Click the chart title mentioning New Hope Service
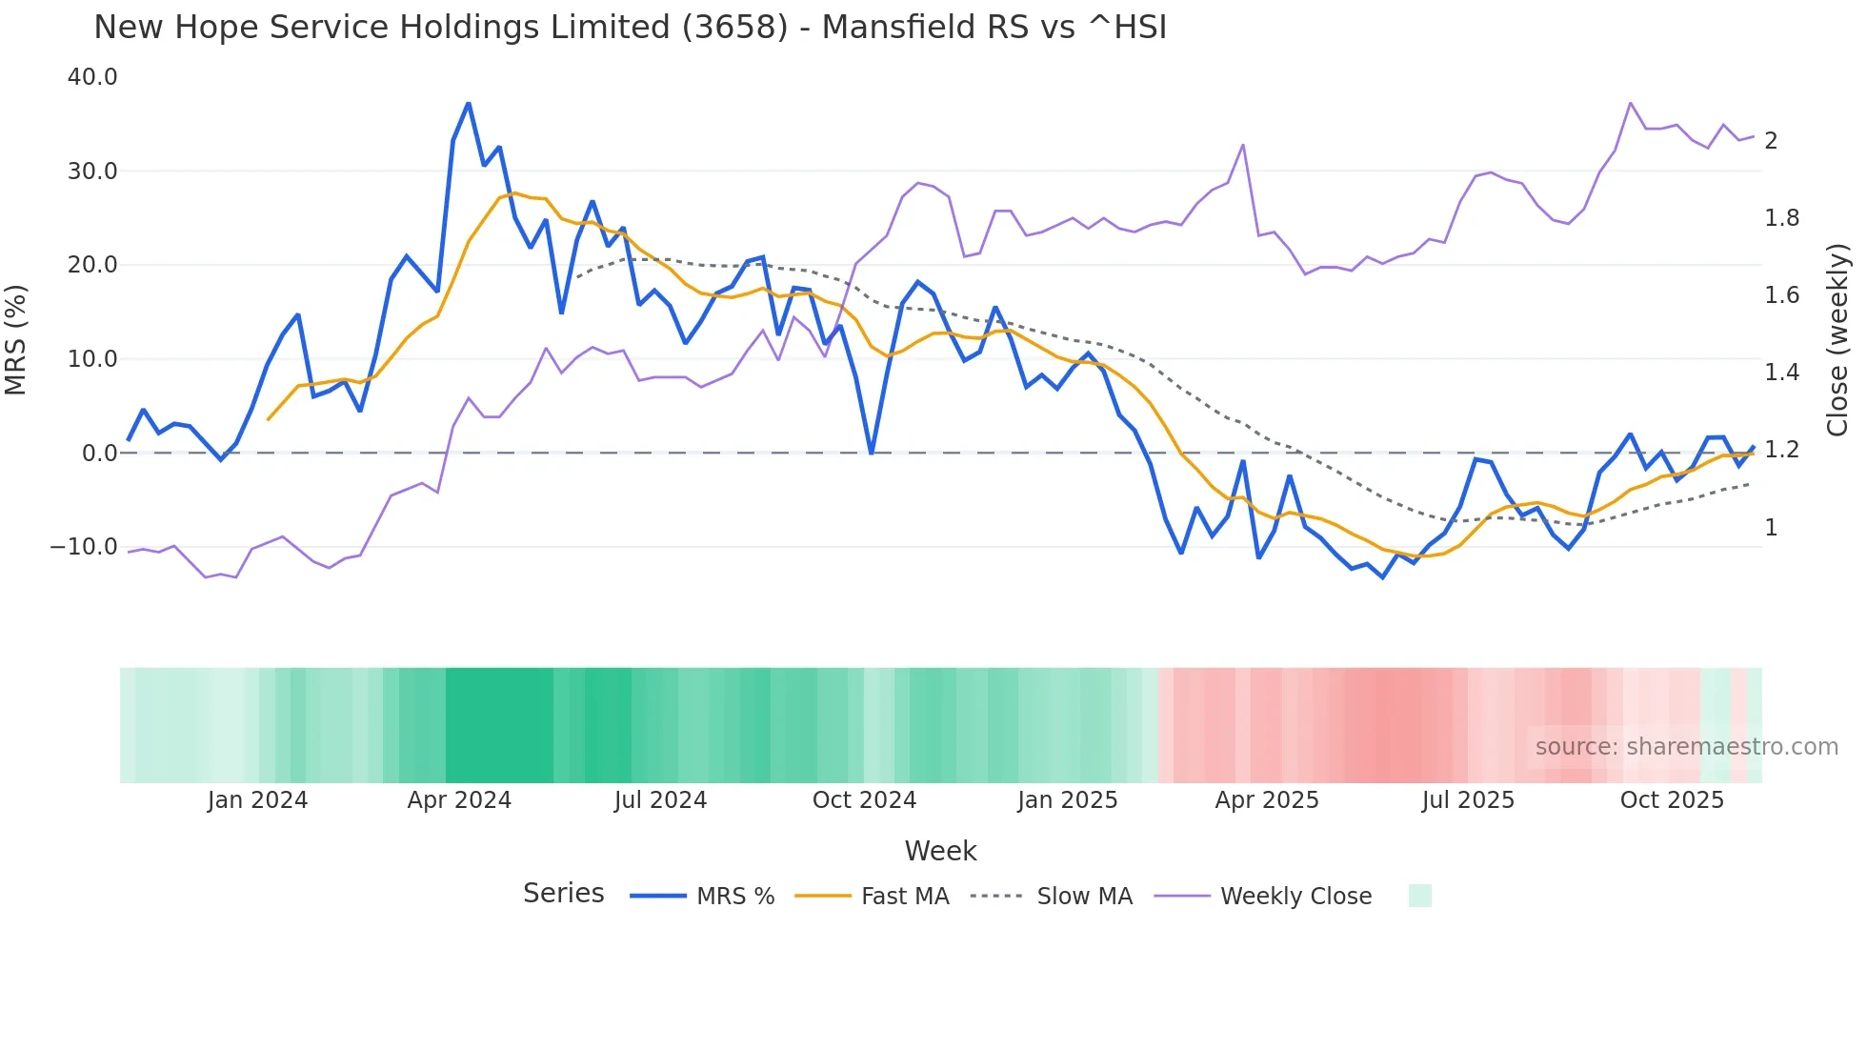(630, 27)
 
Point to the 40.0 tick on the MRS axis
(92, 77)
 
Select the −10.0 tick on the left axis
(84, 547)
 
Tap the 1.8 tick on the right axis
(1781, 218)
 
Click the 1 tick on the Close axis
(1771, 528)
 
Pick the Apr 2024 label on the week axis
(459, 800)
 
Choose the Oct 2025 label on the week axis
(1672, 800)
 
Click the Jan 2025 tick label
(1067, 800)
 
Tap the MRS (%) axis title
(16, 340)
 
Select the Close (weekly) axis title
(1837, 340)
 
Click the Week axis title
(940, 851)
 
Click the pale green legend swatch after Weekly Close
(1419, 896)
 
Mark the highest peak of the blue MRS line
(468, 103)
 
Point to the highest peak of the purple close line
(1631, 103)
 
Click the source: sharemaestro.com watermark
(1686, 747)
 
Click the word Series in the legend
(563, 894)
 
